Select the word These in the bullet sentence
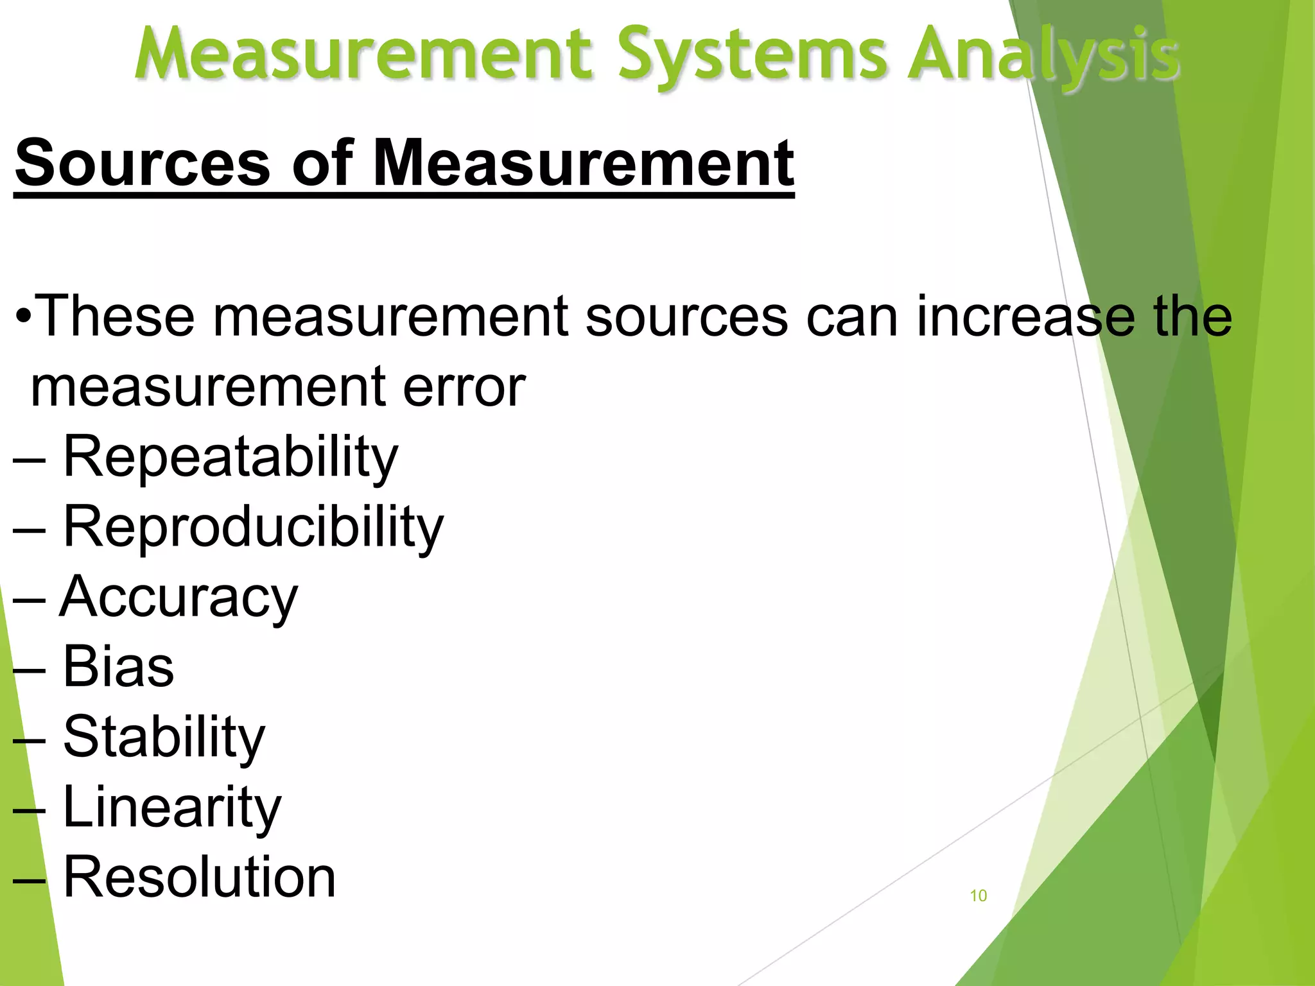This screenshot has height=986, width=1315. [116, 315]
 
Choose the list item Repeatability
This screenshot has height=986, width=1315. [231, 458]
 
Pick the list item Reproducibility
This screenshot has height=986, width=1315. [253, 528]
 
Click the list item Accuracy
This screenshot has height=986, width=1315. [179, 598]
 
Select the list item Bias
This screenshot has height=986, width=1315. [118, 666]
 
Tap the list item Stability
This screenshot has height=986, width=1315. [164, 737]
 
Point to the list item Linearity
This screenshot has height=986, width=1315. [172, 807]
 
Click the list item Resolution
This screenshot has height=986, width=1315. [199, 877]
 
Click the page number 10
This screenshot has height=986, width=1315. [978, 895]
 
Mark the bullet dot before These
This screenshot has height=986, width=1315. [24, 316]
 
